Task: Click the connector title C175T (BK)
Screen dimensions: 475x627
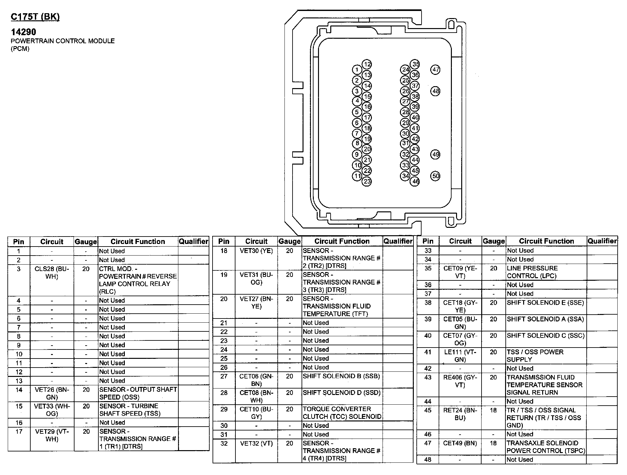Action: click(35, 17)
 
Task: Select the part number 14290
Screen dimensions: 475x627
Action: click(24, 32)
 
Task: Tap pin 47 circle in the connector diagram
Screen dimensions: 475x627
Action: click(435, 69)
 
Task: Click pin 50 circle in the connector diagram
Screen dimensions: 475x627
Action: click(435, 176)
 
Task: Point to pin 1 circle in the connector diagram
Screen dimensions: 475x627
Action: click(357, 70)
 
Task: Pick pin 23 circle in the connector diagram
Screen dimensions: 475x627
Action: click(367, 181)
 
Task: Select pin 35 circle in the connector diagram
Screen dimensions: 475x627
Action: click(415, 64)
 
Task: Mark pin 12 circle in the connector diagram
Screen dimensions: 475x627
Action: click(367, 64)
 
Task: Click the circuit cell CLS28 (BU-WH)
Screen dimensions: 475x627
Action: click(52, 273)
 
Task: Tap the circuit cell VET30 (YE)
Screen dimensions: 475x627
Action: click(256, 251)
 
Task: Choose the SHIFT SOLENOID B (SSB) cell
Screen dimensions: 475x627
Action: click(341, 376)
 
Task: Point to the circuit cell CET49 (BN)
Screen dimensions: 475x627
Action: click(460, 443)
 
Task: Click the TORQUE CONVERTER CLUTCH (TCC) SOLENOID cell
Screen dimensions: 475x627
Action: click(342, 413)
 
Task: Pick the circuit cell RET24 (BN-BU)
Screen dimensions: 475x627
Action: click(460, 414)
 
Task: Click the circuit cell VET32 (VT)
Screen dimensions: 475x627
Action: click(256, 443)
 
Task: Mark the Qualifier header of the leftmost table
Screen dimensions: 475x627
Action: click(194, 241)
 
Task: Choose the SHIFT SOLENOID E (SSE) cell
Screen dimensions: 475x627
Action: click(545, 303)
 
